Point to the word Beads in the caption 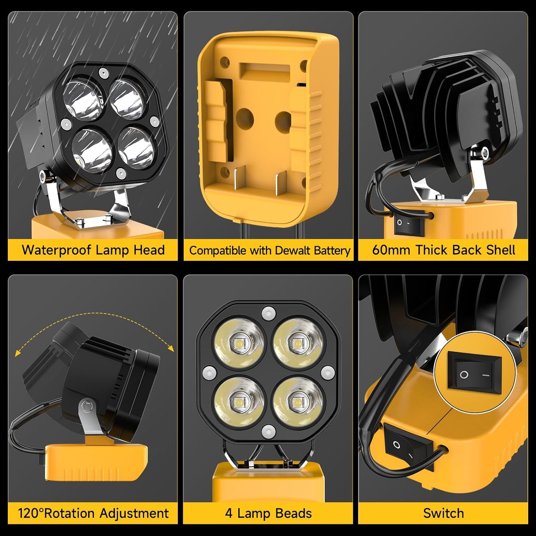point(293,513)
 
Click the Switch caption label point(443,513)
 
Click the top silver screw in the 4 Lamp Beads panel point(267,313)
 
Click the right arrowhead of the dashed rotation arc point(171,348)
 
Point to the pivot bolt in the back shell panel point(484,152)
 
